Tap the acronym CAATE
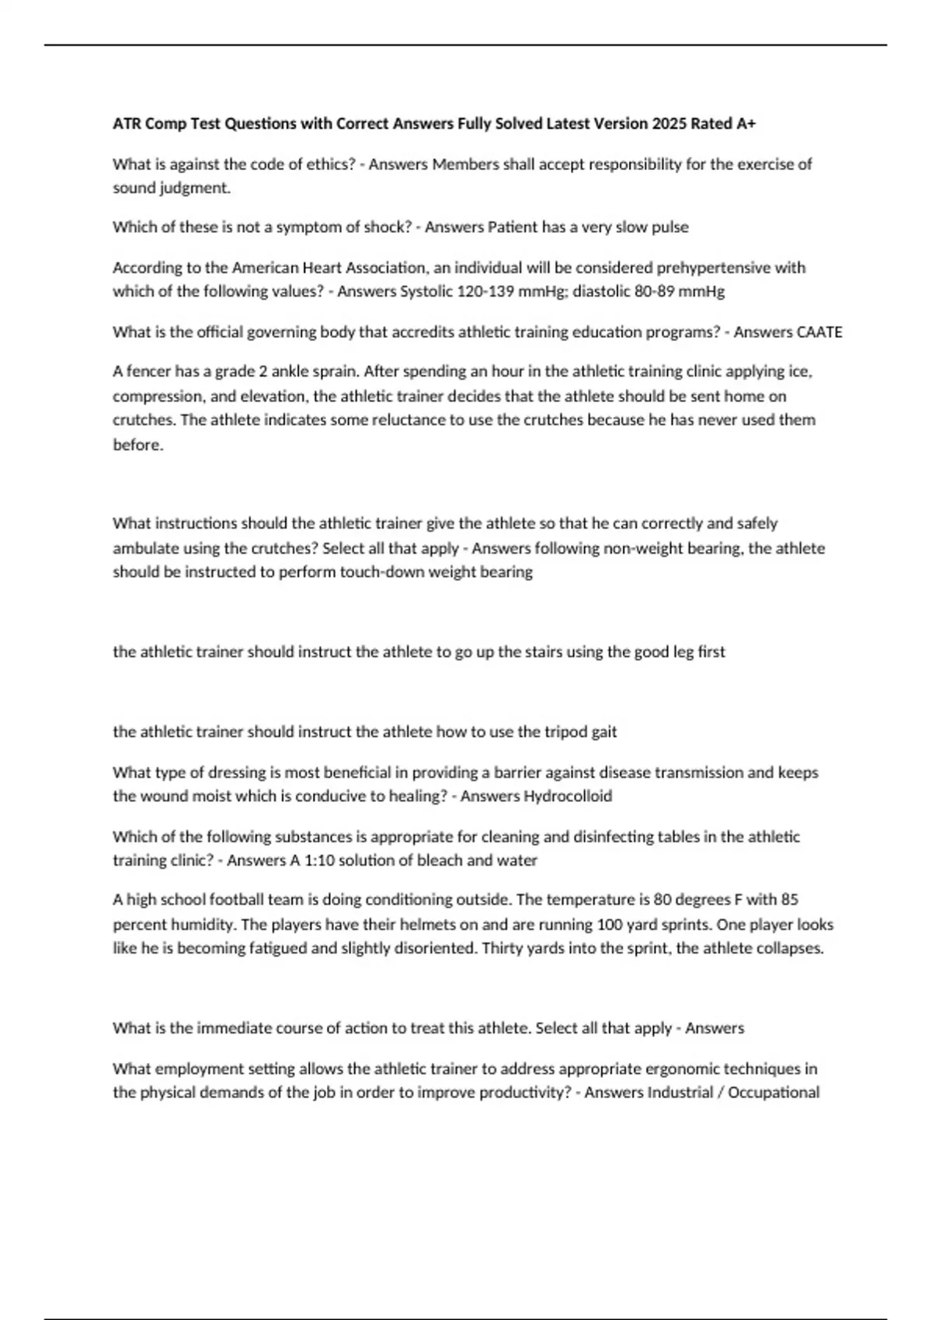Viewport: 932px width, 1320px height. pyautogui.click(x=819, y=332)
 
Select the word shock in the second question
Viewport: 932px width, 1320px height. pyautogui.click(x=387, y=228)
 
